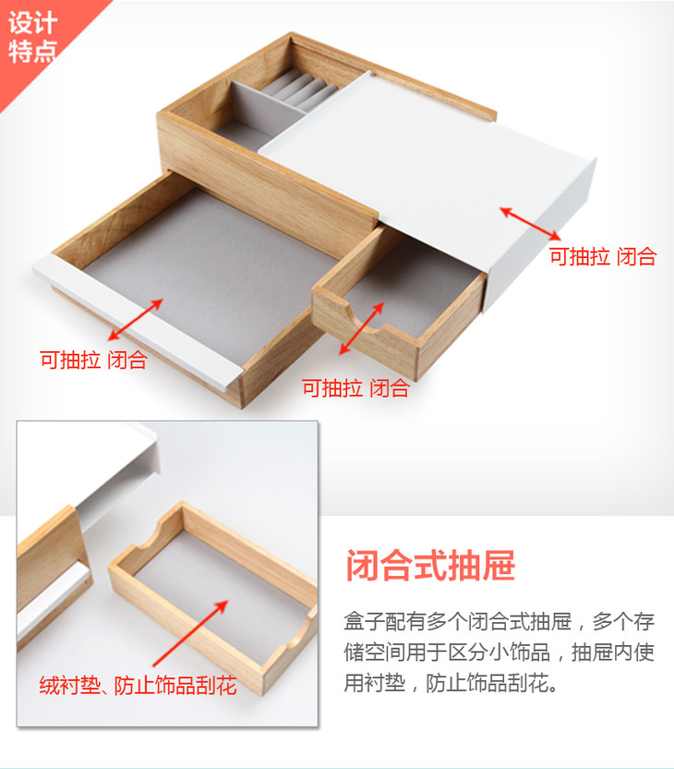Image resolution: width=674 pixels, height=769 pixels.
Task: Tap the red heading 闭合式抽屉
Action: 430,565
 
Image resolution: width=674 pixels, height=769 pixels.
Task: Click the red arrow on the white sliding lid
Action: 531,224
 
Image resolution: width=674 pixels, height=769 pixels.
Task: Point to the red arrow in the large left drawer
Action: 135,319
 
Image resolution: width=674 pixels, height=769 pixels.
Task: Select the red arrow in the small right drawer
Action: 362,328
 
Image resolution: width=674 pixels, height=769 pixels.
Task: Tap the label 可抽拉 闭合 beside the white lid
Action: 603,257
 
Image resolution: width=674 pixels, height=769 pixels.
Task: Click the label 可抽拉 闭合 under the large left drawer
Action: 93,360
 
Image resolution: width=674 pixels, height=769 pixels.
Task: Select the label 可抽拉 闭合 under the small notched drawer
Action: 355,388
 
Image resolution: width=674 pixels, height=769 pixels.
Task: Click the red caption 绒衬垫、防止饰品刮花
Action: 138,685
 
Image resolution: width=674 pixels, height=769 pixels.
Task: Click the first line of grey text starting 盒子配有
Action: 499,622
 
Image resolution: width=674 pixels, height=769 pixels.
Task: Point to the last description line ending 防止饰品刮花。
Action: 451,683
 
